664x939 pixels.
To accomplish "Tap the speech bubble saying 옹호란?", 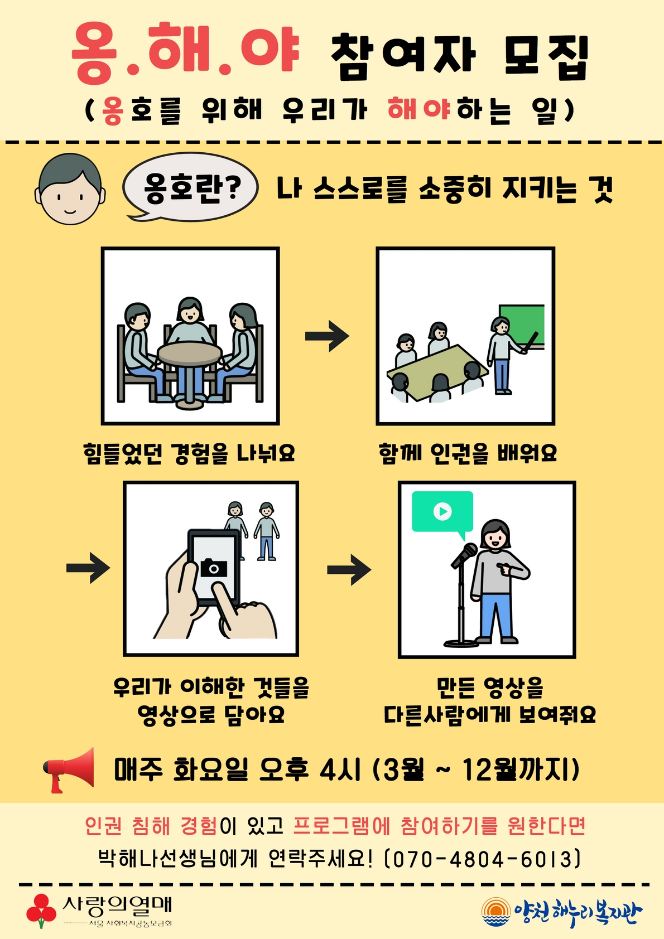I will click(x=191, y=187).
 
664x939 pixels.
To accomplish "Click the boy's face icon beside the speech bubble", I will click(x=70, y=190).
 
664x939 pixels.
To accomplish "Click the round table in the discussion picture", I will click(x=190, y=354).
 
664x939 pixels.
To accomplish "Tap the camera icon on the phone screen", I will click(x=214, y=568).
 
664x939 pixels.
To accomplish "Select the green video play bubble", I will click(x=442, y=511).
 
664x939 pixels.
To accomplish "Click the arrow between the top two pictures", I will click(x=328, y=336).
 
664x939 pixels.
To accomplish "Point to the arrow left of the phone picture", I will click(x=88, y=568).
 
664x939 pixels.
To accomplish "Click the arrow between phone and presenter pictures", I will click(x=349, y=569).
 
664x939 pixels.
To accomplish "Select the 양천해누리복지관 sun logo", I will click(x=495, y=912).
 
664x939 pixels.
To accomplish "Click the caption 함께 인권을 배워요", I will click(x=468, y=453).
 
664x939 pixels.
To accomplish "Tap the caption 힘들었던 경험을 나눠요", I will click(x=189, y=453).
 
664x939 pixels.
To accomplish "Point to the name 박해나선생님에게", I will click(x=177, y=859).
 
